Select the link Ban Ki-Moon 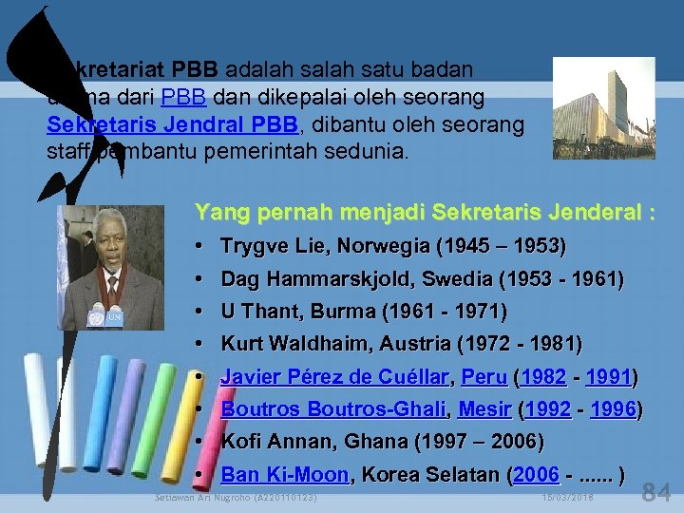tap(284, 475)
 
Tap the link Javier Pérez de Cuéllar tap(334, 377)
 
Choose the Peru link tap(484, 377)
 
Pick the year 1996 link tap(613, 409)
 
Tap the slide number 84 tap(656, 492)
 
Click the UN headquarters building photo tap(590, 107)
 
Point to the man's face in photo tap(110, 242)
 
